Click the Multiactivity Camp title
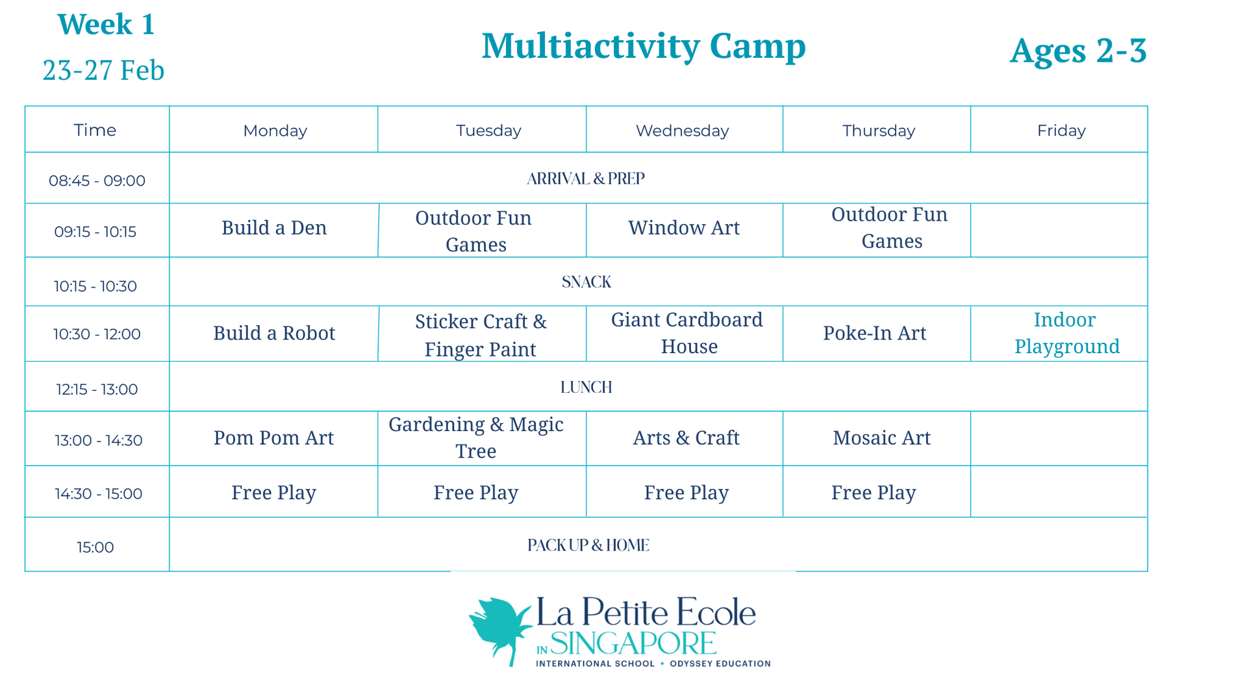pyautogui.click(x=643, y=47)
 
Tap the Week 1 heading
pyautogui.click(x=106, y=25)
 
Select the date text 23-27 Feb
pyautogui.click(x=103, y=70)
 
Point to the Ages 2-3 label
pyautogui.click(x=1078, y=51)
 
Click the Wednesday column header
pyautogui.click(x=682, y=130)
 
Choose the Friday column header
pyautogui.click(x=1061, y=130)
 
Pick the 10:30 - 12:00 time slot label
pyautogui.click(x=97, y=334)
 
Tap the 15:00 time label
pyautogui.click(x=95, y=547)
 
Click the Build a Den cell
pyautogui.click(x=274, y=228)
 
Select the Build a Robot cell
pyautogui.click(x=274, y=333)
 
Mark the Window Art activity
pyautogui.click(x=684, y=228)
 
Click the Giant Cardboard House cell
pyautogui.click(x=687, y=333)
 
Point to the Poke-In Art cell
pyautogui.click(x=875, y=333)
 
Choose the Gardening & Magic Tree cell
pyautogui.click(x=476, y=438)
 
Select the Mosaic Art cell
pyautogui.click(x=881, y=438)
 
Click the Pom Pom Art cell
pyautogui.click(x=273, y=438)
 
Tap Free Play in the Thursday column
pyautogui.click(x=874, y=493)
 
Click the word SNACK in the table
pyautogui.click(x=586, y=282)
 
